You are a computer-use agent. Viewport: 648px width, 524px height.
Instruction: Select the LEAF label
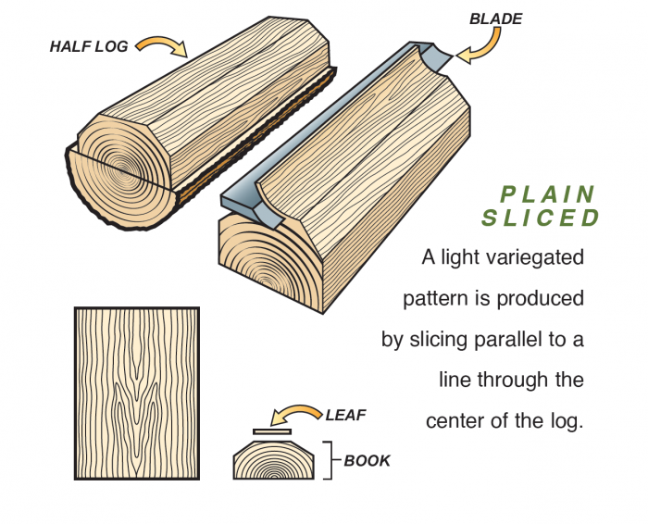[346, 415]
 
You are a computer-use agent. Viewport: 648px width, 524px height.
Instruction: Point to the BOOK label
[367, 460]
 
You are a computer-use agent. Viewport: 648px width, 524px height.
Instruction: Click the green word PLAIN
[547, 195]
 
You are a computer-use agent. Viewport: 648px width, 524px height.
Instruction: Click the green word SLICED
[541, 218]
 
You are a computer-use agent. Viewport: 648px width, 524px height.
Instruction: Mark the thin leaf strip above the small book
[272, 431]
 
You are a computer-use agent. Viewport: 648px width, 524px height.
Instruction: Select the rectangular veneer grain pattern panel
[136, 393]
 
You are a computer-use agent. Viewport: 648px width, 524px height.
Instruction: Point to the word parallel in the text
[500, 339]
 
